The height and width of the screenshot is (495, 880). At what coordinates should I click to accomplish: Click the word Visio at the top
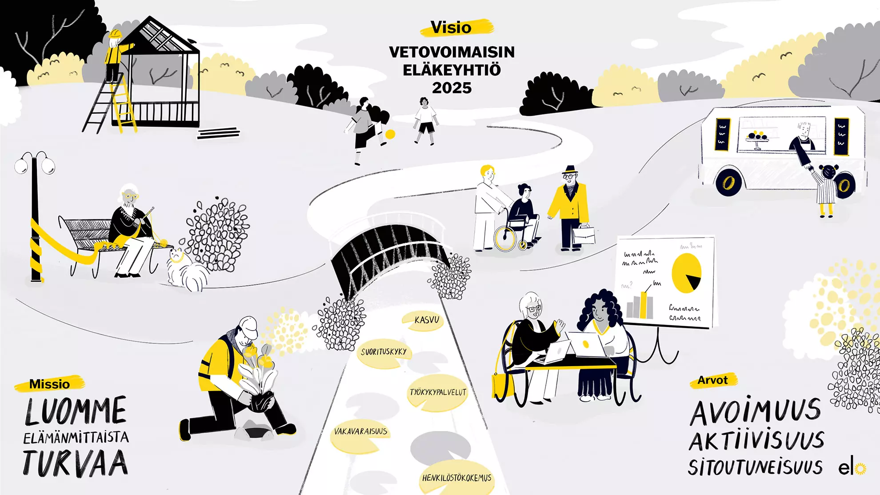tap(451, 28)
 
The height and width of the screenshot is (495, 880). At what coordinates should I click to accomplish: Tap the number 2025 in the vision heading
tap(452, 88)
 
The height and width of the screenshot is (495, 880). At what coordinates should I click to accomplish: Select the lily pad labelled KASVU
tap(423, 320)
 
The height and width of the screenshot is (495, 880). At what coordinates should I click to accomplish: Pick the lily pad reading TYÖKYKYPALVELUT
tap(438, 393)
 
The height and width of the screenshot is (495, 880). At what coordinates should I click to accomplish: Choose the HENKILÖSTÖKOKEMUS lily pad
tap(457, 479)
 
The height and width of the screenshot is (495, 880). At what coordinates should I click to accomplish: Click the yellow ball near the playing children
tap(390, 134)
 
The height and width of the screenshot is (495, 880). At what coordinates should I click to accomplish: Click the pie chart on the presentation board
tap(686, 273)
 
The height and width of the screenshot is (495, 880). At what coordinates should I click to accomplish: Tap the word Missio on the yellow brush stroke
tap(49, 384)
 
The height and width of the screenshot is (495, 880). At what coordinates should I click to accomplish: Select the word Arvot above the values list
tap(712, 380)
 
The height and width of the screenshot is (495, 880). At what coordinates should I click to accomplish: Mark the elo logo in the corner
tap(852, 468)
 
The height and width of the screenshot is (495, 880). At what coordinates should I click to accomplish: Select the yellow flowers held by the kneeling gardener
tap(258, 355)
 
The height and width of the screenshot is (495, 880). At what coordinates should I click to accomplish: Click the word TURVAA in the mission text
tap(76, 463)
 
